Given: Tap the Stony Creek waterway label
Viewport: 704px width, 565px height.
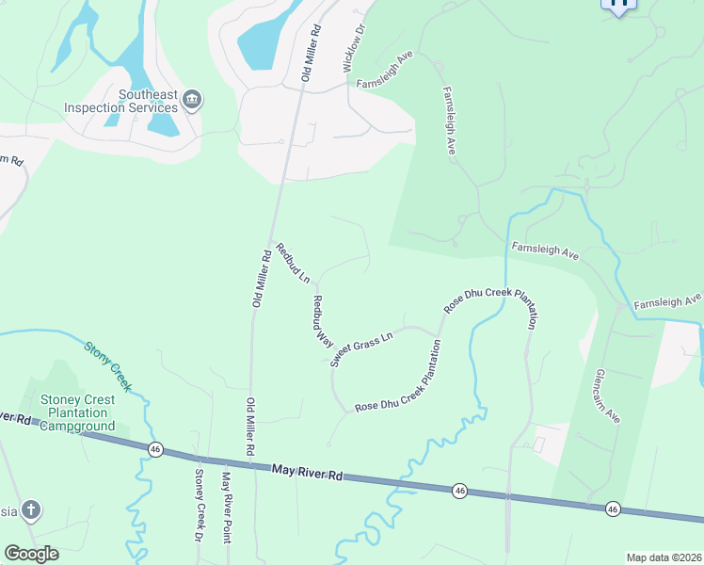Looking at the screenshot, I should tap(109, 365).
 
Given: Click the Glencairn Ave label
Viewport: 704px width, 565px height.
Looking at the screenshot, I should tap(607, 395).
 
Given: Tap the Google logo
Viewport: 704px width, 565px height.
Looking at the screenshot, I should tap(31, 554).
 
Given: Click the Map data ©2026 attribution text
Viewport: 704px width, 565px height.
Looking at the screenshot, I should tap(664, 557).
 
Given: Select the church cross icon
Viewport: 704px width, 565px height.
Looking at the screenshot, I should tap(31, 511).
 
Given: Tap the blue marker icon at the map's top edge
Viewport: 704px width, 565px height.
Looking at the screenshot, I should tap(618, 5).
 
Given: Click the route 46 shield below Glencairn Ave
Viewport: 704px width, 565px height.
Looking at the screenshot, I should tap(613, 508).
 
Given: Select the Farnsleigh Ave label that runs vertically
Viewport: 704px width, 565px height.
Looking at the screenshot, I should tap(450, 121).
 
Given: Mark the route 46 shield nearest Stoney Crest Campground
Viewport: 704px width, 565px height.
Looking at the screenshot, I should tap(155, 450).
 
